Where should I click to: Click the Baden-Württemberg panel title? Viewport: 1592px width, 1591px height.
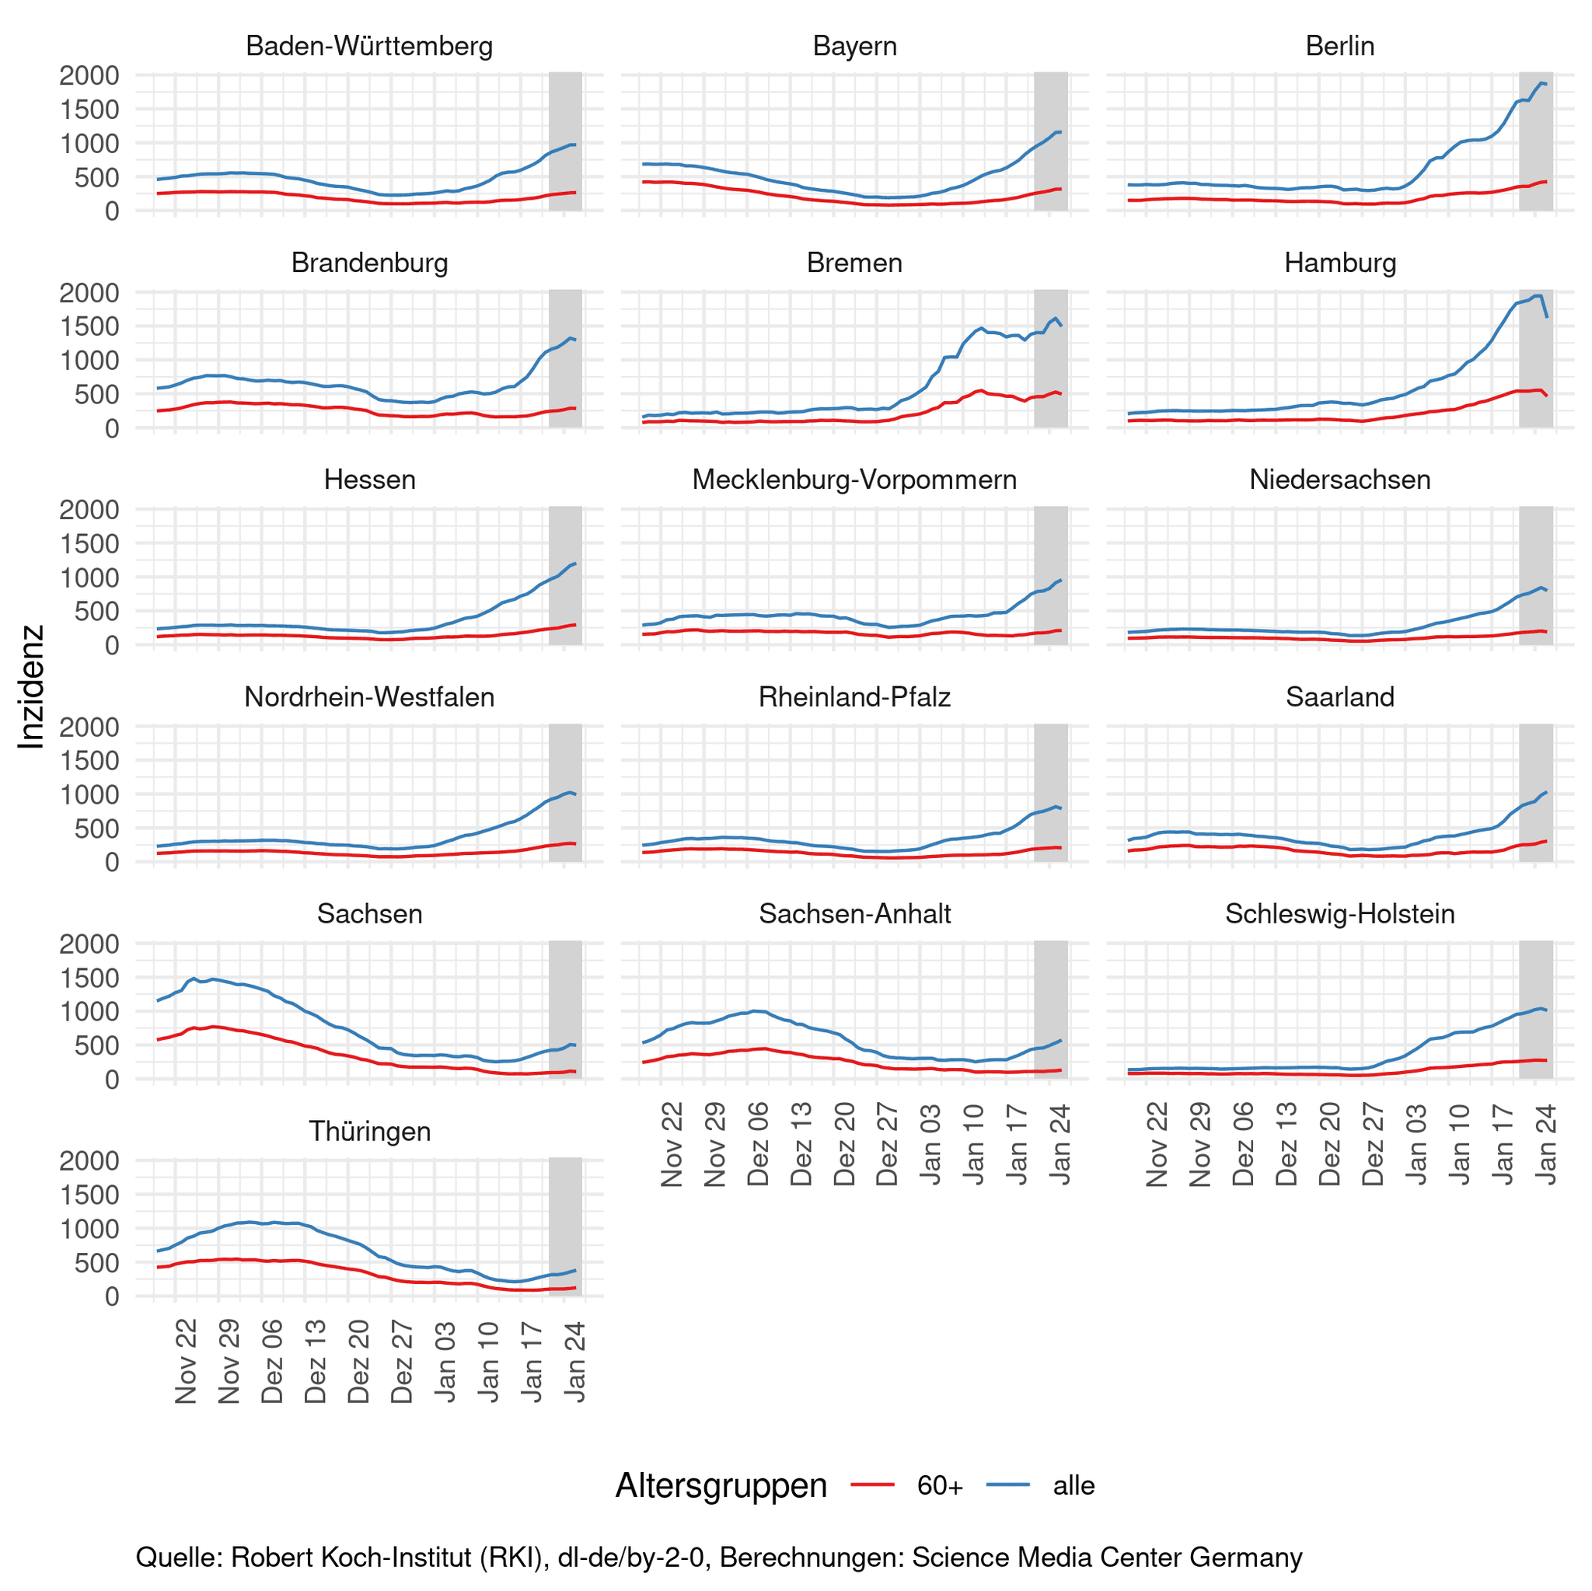click(x=369, y=46)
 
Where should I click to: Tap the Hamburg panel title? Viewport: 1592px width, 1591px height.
click(x=1340, y=263)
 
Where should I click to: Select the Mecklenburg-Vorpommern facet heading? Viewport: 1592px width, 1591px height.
click(x=854, y=480)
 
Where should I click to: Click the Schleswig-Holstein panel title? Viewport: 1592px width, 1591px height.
click(x=1340, y=914)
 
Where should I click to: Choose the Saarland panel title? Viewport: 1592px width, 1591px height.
click(x=1340, y=697)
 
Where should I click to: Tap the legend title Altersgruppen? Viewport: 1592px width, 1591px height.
click(x=721, y=1485)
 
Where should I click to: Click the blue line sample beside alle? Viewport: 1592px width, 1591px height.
click(x=1007, y=1485)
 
